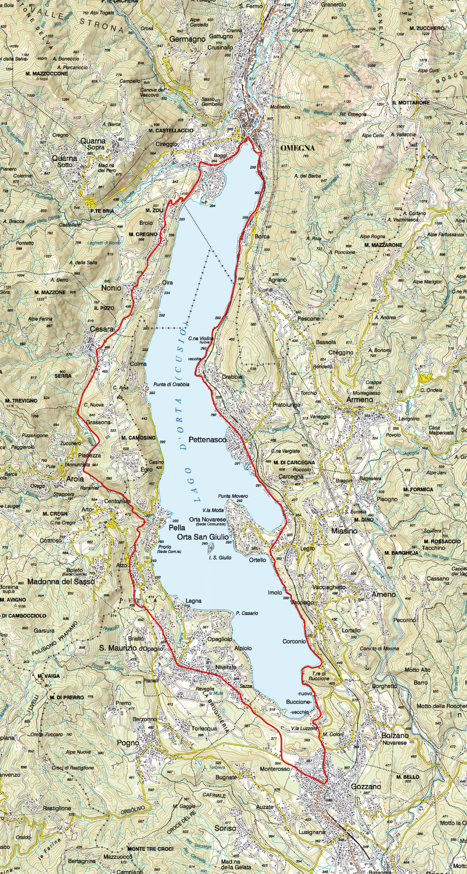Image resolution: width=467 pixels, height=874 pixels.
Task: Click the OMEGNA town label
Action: [x=297, y=148]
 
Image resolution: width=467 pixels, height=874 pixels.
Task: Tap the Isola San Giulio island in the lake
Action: [x=210, y=547]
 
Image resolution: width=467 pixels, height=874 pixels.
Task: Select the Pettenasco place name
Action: [x=207, y=440]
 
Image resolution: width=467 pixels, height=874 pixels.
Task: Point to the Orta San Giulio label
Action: [x=203, y=537]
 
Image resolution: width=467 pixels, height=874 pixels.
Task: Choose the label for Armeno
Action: [x=360, y=399]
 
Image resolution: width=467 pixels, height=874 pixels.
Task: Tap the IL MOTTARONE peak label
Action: [x=410, y=102]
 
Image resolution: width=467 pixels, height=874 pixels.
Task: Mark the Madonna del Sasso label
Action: [x=61, y=581]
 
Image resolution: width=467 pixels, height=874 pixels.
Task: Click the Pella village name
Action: [x=177, y=527]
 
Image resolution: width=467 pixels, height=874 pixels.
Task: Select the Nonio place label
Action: [x=111, y=288]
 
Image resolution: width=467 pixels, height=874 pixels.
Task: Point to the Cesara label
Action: [x=102, y=329]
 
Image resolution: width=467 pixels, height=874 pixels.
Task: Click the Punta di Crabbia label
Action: [x=171, y=384]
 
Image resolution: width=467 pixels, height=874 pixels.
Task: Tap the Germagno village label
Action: [x=187, y=39]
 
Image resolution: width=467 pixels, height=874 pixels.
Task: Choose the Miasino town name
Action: [x=344, y=531]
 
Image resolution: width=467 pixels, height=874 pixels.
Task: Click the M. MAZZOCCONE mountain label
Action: [x=46, y=73]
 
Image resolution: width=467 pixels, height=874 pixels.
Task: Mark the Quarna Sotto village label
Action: [x=64, y=161]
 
